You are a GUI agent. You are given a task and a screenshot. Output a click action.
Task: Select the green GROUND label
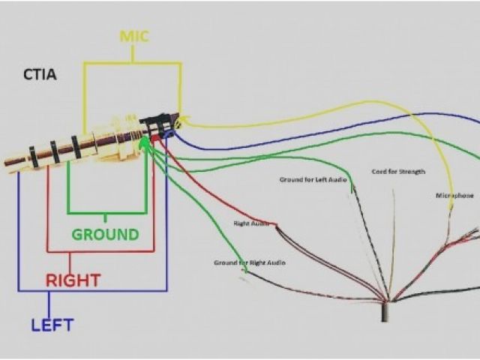(x=106, y=234)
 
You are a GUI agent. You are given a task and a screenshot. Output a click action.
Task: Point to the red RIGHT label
(x=73, y=280)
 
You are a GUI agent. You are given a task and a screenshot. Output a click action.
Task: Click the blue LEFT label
(x=52, y=325)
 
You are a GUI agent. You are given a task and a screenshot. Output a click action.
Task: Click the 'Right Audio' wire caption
(x=251, y=223)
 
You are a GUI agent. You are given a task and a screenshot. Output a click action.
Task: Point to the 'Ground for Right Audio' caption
(x=250, y=262)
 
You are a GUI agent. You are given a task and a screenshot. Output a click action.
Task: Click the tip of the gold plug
(x=9, y=160)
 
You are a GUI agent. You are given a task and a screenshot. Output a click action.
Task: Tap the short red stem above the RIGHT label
(x=70, y=262)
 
